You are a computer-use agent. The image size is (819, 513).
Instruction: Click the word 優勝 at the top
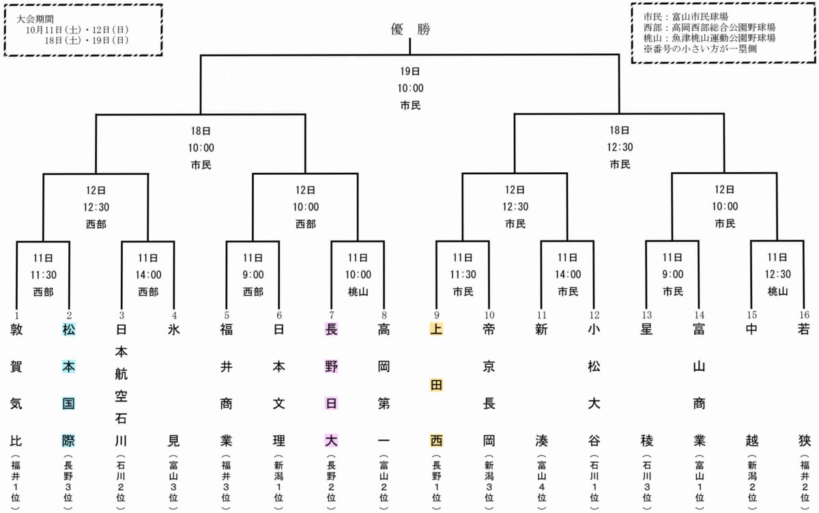(410, 29)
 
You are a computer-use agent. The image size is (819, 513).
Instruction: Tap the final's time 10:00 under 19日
(410, 88)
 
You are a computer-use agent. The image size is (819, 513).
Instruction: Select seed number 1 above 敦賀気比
(16, 315)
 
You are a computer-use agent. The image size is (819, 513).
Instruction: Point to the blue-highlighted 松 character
(69, 330)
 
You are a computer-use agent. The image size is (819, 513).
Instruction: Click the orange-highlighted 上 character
(436, 330)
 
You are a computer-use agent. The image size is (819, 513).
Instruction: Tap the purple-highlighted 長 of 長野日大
(331, 330)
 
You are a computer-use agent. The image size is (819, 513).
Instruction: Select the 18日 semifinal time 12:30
(620, 147)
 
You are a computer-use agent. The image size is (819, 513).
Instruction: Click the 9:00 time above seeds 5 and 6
(253, 275)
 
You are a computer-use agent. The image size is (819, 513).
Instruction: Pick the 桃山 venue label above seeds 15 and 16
(777, 292)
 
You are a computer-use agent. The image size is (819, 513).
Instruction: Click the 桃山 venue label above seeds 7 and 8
(358, 292)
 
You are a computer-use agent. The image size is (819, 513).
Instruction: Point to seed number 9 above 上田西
(436, 315)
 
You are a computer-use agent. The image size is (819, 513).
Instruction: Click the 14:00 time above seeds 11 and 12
(567, 275)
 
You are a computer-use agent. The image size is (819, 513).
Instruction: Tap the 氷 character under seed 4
(174, 330)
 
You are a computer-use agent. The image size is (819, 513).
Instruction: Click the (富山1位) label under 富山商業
(699, 482)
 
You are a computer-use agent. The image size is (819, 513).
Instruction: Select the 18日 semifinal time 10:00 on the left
(201, 147)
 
